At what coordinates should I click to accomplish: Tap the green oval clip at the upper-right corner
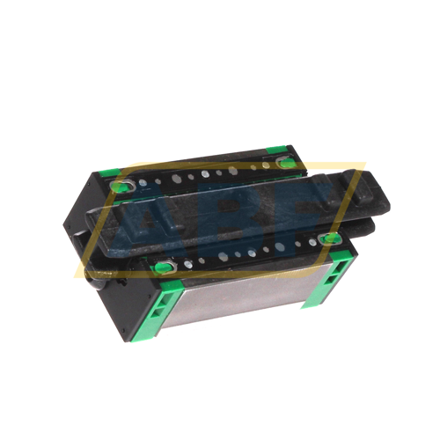[x=283, y=165]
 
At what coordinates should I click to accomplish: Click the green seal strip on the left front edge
[x=144, y=307]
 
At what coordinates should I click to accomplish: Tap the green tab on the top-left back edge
[x=113, y=174]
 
